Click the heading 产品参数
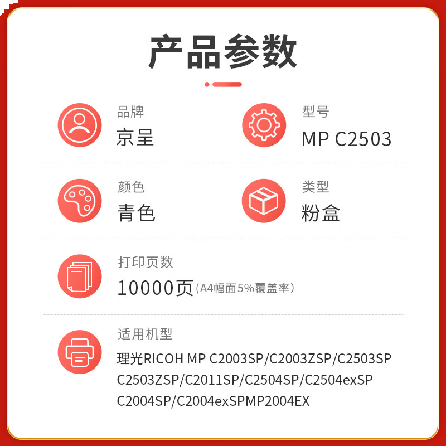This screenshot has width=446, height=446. click(223, 52)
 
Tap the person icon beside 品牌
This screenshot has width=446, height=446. click(80, 125)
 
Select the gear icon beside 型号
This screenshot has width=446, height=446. click(264, 125)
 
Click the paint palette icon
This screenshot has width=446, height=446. click(80, 201)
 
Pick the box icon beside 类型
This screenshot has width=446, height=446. click(264, 201)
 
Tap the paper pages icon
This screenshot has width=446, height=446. click(80, 276)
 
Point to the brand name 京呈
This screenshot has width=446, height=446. click(135, 138)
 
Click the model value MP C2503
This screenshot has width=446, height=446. click(346, 139)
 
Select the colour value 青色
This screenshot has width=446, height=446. click(136, 213)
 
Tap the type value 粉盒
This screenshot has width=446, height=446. click(321, 213)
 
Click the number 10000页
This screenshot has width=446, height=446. click(155, 288)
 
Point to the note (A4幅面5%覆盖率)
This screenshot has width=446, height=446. click(245, 288)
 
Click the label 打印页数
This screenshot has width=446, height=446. click(146, 261)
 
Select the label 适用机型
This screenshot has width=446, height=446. click(145, 334)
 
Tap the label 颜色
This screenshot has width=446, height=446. click(131, 187)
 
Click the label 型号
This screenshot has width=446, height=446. click(316, 112)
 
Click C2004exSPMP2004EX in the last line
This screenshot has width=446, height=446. click(243, 401)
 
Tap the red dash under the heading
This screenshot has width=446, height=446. click(227, 84)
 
